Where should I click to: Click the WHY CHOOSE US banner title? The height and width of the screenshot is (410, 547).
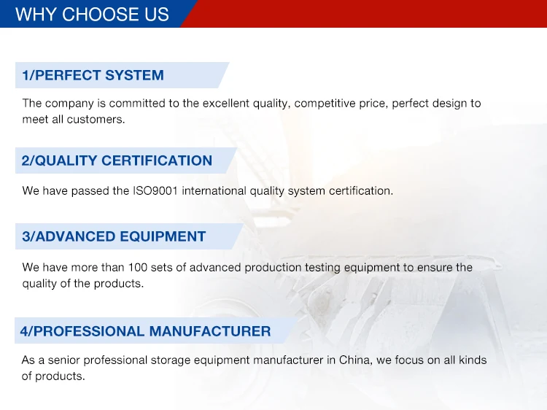pos(92,15)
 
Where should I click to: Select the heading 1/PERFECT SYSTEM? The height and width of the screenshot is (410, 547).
pos(93,75)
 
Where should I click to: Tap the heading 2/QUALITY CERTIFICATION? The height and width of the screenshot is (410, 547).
pos(117,160)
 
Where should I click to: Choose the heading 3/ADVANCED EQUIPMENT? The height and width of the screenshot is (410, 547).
pos(114,236)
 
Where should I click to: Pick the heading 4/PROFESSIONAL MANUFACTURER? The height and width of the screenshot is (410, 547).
pos(145,331)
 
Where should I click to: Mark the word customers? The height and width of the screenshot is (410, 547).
pos(96,120)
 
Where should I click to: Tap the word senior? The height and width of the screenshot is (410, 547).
pos(64,360)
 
